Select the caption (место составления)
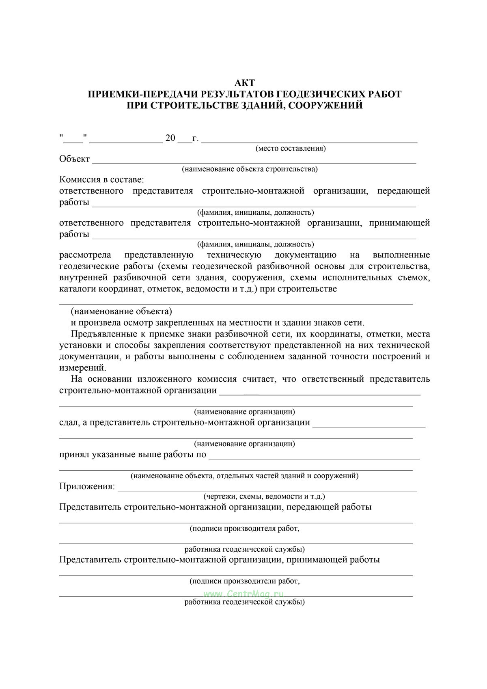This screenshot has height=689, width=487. click(291, 148)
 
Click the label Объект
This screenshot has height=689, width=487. click(74, 159)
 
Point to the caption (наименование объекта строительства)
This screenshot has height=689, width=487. click(250, 169)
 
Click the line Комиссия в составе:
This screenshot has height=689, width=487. click(101, 179)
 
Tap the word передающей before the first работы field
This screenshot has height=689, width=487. click(403, 191)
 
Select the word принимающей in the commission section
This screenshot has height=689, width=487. click(399, 223)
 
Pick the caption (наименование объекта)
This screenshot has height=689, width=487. click(121, 311)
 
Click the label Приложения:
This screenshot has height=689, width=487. click(87, 486)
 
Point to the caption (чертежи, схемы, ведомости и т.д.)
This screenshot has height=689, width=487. click(264, 496)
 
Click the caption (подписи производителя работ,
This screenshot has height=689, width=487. click(244, 528)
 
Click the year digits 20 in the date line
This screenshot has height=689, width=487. click(170, 138)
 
